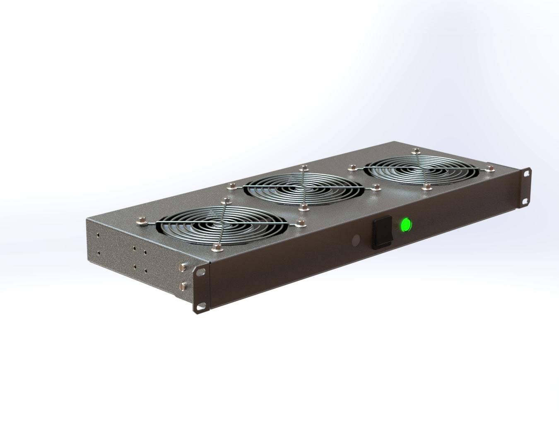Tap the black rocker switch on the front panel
coord(381,233)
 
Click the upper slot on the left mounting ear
coord(201,272)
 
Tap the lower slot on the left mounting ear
coord(201,306)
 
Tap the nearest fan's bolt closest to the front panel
coord(215,248)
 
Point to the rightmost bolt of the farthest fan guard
coord(491,168)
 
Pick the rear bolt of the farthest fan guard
coord(415,150)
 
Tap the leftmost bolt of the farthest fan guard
coord(352,167)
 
